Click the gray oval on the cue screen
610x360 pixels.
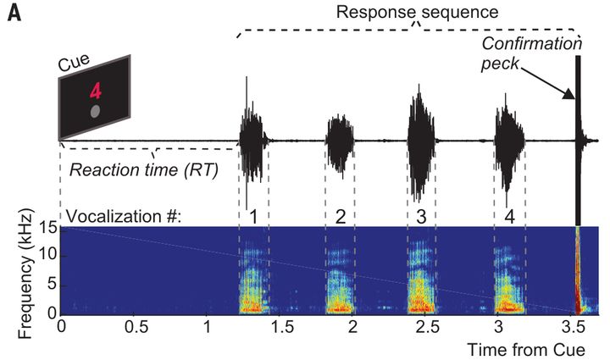(95, 111)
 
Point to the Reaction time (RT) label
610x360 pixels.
(144, 169)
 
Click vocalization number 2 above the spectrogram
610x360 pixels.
(340, 216)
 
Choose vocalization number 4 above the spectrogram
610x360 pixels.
(509, 216)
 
